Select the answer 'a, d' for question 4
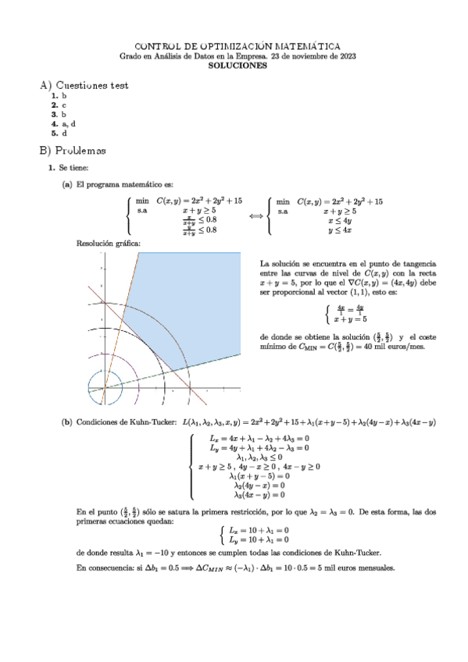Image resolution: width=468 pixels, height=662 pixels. [68, 123]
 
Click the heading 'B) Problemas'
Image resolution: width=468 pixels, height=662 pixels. [72, 149]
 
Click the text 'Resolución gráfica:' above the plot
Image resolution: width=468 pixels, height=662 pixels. [109, 244]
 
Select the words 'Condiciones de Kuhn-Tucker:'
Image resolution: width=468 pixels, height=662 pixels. [125, 422]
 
